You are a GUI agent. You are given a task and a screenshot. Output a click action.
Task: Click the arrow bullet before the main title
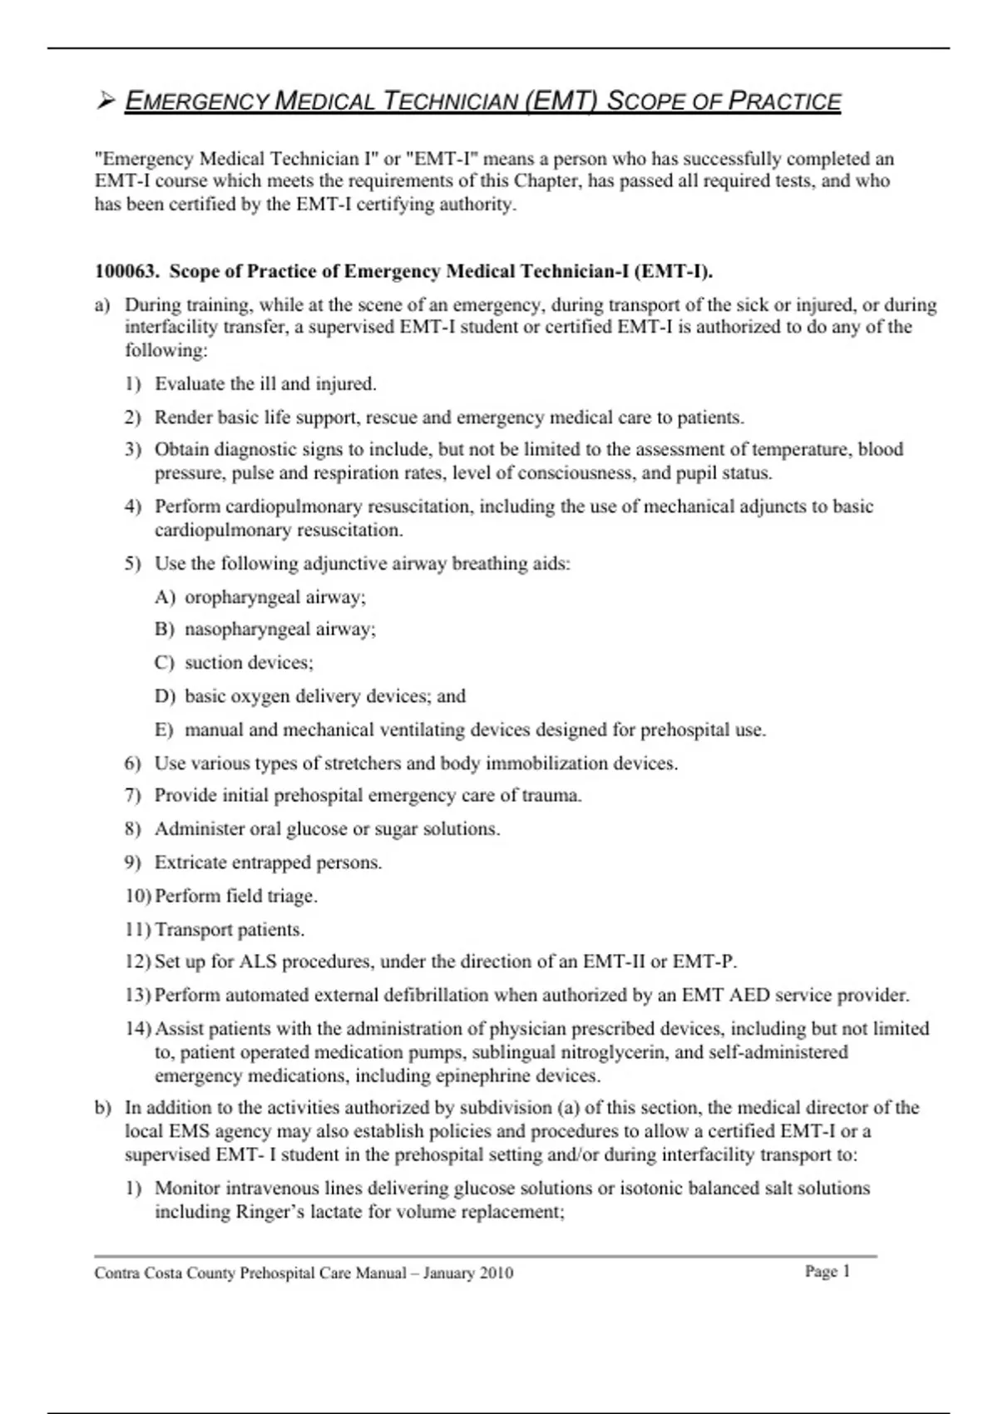[105, 101]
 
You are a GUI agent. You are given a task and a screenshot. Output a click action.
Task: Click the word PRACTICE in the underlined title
[784, 101]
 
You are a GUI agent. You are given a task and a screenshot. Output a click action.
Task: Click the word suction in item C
[213, 663]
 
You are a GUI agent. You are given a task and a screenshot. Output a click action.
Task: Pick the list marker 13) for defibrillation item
[138, 996]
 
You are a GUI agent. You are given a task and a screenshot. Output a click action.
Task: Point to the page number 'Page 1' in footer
[828, 1271]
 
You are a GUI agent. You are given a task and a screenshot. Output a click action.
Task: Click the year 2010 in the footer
[495, 1273]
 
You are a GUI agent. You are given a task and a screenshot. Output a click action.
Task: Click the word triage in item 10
[291, 897]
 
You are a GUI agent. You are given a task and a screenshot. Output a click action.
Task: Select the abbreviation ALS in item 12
[258, 962]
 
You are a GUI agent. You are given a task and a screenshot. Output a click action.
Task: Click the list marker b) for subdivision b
[102, 1108]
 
